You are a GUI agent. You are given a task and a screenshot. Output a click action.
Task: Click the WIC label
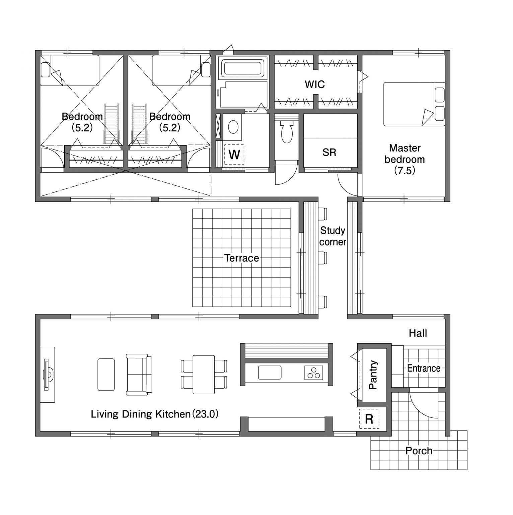click(315, 84)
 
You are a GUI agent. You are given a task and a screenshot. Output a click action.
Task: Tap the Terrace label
click(241, 258)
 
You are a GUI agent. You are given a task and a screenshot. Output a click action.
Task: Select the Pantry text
click(373, 375)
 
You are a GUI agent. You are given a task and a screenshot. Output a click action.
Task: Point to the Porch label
click(419, 451)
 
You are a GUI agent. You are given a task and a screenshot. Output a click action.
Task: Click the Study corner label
click(333, 236)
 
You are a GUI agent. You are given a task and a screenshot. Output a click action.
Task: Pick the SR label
click(329, 153)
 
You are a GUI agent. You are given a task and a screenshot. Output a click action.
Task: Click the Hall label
click(418, 333)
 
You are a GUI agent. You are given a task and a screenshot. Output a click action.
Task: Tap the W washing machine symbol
click(234, 155)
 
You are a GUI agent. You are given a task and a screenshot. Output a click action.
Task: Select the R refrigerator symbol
click(369, 419)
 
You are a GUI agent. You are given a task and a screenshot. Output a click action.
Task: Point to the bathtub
click(243, 68)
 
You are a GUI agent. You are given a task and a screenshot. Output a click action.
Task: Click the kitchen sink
click(270, 373)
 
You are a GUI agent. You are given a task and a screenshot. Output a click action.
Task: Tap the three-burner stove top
click(314, 373)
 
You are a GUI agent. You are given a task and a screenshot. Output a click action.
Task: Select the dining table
click(204, 375)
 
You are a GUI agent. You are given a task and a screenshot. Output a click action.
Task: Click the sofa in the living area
click(139, 374)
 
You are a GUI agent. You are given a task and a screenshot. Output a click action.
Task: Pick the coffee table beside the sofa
click(106, 375)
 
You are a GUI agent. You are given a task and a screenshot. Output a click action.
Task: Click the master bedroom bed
click(414, 104)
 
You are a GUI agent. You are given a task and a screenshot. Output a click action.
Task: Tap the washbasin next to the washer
click(233, 127)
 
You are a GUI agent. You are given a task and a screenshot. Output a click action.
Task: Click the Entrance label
click(424, 368)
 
